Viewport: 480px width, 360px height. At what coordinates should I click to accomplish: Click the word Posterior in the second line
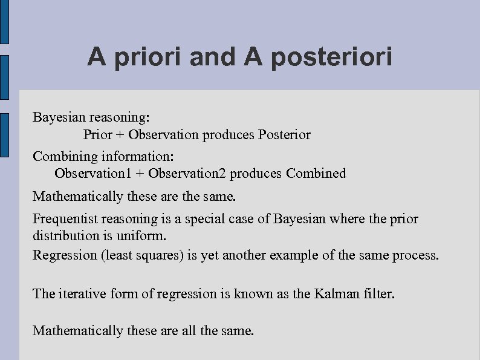point(284,134)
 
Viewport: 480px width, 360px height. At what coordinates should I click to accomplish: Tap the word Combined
point(316,174)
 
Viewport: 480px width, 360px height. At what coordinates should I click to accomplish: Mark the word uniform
point(144,234)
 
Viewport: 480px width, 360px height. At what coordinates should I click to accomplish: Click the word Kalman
point(337,293)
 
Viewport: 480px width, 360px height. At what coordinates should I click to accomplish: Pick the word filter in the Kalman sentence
point(380,293)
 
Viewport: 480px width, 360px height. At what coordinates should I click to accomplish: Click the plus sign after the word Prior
point(121,134)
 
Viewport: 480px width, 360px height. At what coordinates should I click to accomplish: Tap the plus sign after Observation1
point(140,174)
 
